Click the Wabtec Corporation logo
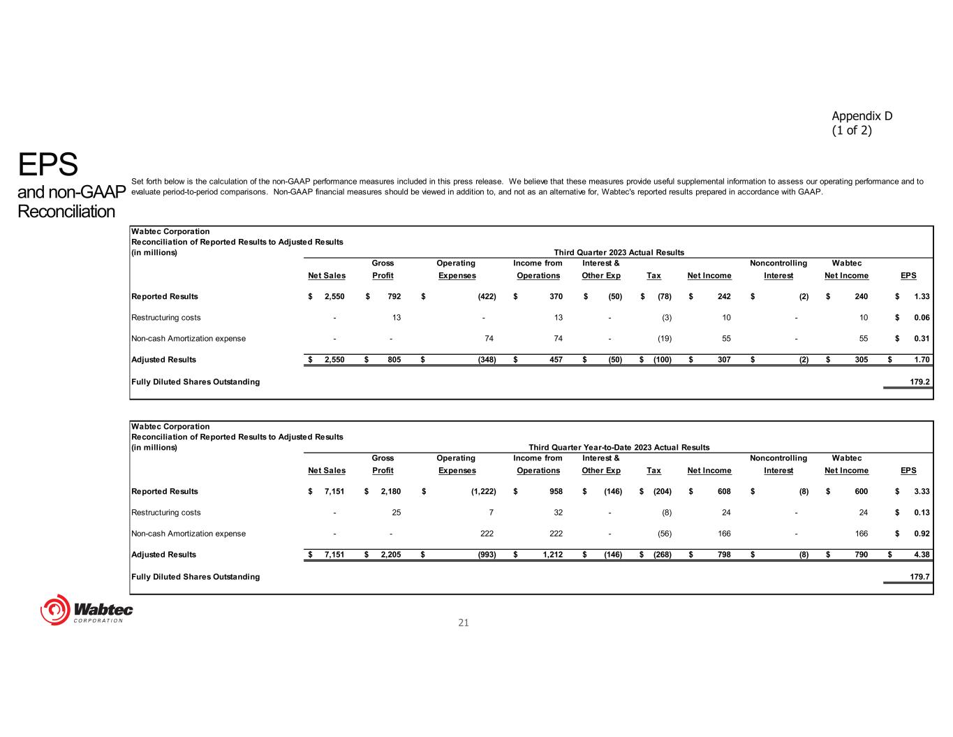point(87,610)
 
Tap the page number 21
point(464,622)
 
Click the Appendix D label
point(862,116)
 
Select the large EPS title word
point(47,165)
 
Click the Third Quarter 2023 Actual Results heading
point(619,252)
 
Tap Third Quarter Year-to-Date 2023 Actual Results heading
point(619,447)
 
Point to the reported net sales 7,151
point(334,492)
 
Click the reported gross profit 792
point(394,297)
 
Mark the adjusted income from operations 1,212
point(549,555)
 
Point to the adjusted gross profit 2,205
point(390,555)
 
